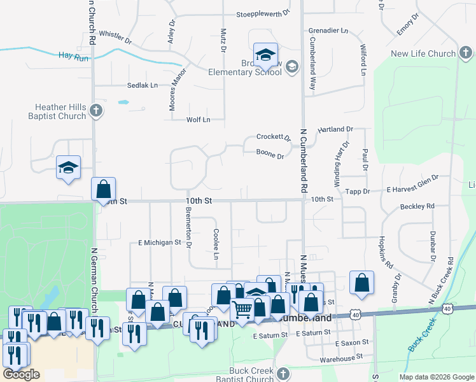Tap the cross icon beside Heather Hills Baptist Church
[x=95, y=111]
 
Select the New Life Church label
[x=423, y=54]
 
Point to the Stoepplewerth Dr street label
[x=263, y=13]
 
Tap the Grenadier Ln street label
[x=328, y=30]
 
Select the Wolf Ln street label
[x=198, y=119]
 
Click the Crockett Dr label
[x=273, y=137]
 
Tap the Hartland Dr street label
[x=335, y=129]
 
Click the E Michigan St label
[x=160, y=243]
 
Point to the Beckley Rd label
[x=417, y=206]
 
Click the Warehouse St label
[x=345, y=359]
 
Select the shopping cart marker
[x=242, y=311]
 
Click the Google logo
[x=21, y=374]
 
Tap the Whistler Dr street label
[x=115, y=37]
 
